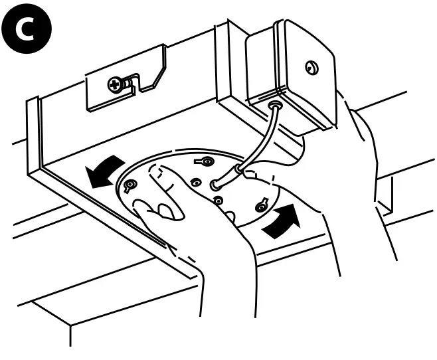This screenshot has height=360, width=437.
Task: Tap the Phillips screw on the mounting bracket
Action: [x=115, y=84]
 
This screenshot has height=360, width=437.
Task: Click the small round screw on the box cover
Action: [x=311, y=66]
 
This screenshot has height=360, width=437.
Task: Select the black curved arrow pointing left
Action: [x=104, y=171]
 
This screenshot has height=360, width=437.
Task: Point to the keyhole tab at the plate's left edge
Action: [x=130, y=184]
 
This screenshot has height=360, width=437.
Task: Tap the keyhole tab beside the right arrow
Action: [x=261, y=207]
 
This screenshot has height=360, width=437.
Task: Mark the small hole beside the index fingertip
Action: [x=195, y=181]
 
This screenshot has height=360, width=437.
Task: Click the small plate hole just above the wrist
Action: [x=218, y=200]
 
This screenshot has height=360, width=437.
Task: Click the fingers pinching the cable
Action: [x=252, y=174]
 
